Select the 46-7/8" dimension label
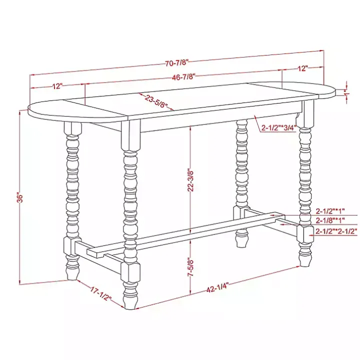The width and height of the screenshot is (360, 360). (x=183, y=76)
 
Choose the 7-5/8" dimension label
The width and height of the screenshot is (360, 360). (x=190, y=269)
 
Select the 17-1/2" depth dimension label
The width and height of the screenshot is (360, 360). (x=101, y=294)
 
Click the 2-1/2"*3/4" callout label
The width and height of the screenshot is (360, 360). (x=279, y=127)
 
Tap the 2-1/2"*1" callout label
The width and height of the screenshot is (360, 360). (x=330, y=211)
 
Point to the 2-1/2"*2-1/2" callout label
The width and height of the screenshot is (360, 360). (x=336, y=231)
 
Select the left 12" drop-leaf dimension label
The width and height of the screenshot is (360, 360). (x=56, y=86)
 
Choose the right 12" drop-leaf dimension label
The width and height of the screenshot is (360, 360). (x=303, y=67)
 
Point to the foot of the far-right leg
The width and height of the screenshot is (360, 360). (x=304, y=257)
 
